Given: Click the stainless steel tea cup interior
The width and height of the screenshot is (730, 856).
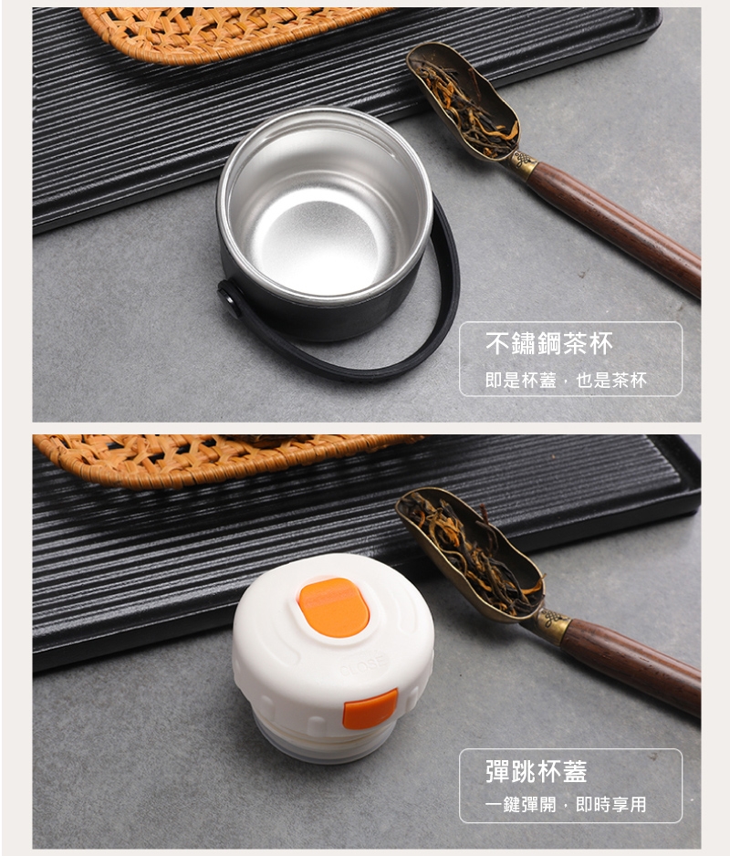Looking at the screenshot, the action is click(x=326, y=207).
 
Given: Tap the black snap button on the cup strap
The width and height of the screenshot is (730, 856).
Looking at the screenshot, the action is click(x=230, y=299).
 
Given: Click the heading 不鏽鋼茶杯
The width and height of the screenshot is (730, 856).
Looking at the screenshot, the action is click(x=548, y=343).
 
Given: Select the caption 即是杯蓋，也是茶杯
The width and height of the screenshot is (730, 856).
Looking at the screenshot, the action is click(x=566, y=380).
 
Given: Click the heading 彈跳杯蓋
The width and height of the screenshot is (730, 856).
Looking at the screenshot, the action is click(x=536, y=771).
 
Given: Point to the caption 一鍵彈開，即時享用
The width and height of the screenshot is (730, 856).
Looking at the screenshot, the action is click(x=566, y=804).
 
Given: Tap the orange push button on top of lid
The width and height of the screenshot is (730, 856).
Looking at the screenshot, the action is click(x=333, y=608).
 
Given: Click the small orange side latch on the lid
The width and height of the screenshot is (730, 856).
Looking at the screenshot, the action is click(x=370, y=709).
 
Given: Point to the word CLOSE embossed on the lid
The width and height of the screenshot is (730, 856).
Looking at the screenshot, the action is click(x=363, y=665).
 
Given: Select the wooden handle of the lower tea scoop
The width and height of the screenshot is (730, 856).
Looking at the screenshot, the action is click(x=631, y=663).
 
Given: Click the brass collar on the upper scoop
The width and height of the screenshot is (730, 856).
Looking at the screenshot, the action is click(x=523, y=164).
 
